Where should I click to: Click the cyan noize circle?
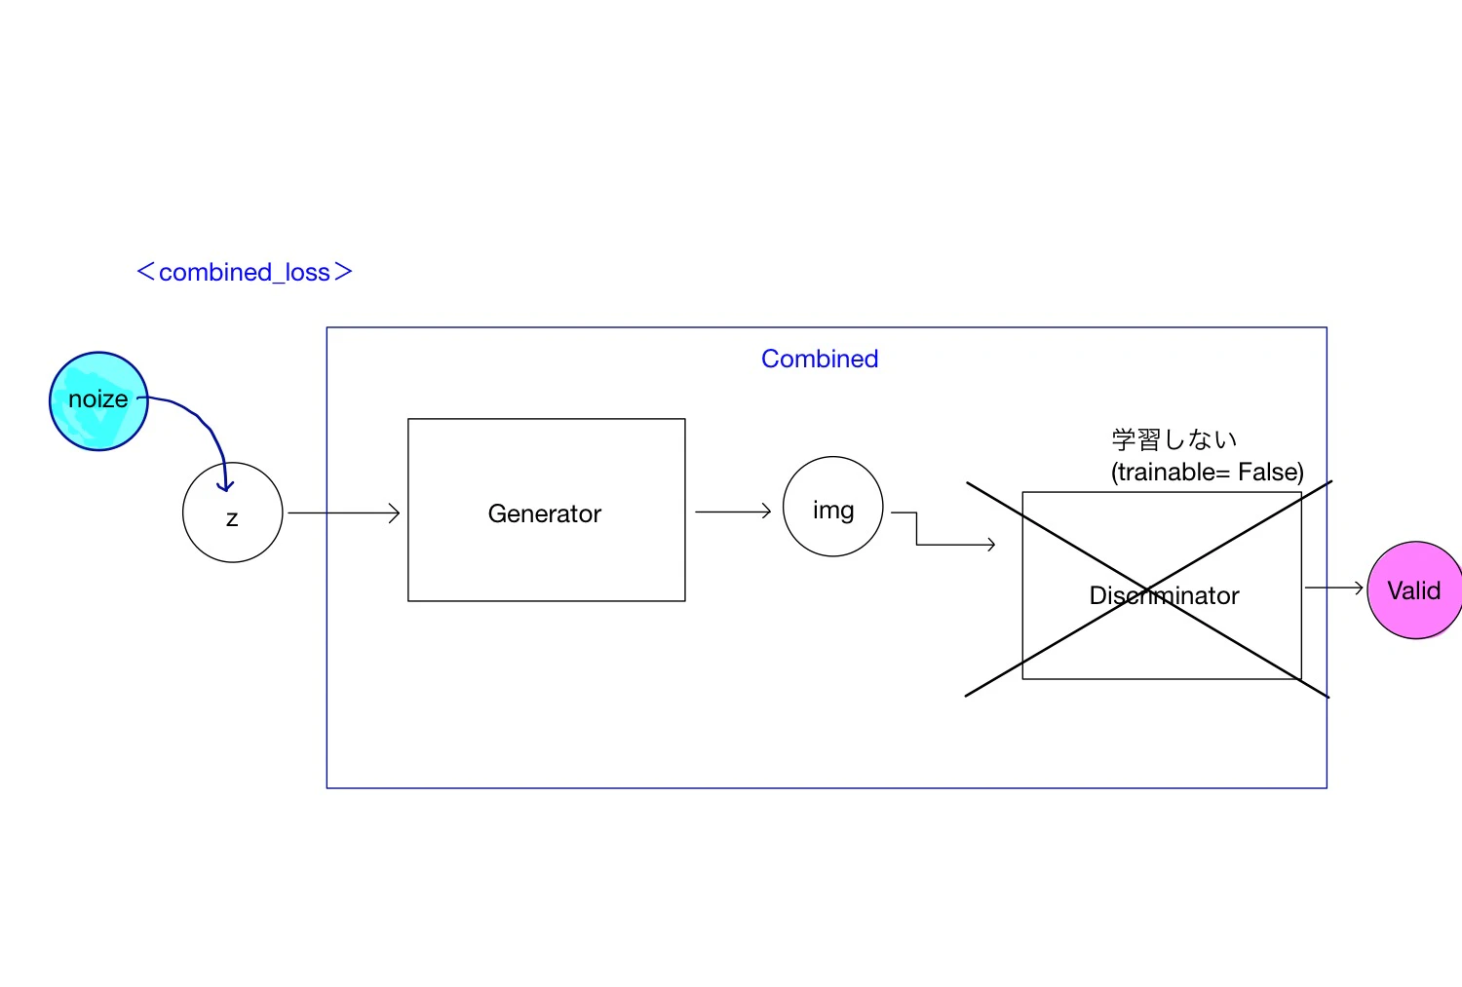click(x=98, y=400)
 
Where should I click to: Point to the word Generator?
click(x=544, y=513)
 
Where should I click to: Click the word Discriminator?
click(x=1164, y=595)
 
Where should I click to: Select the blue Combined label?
click(x=820, y=359)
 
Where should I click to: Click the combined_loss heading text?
click(x=245, y=272)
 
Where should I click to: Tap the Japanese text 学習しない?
click(x=1174, y=439)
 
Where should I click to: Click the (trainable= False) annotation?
click(x=1208, y=472)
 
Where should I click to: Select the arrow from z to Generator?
click(x=343, y=512)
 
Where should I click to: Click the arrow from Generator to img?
click(x=733, y=512)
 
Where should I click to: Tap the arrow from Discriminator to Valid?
click(x=1334, y=588)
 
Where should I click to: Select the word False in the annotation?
click(x=1271, y=472)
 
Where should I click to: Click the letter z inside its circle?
click(x=232, y=519)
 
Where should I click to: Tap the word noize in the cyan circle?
click(x=97, y=399)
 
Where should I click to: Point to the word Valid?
click(x=1413, y=590)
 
